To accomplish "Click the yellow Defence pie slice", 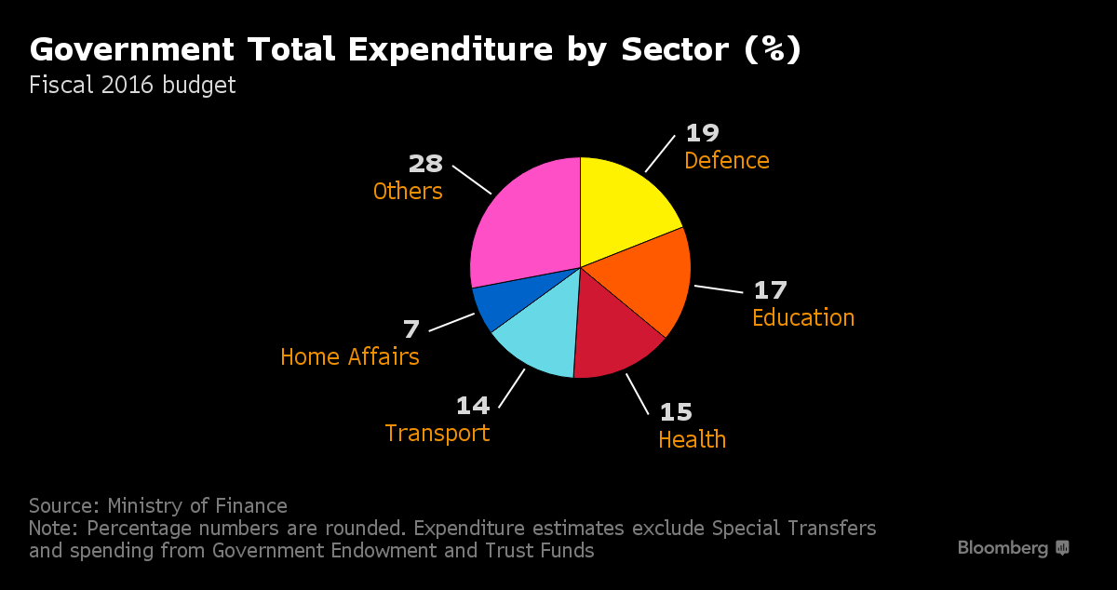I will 624,205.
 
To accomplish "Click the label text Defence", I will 726,161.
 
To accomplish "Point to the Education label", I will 802,317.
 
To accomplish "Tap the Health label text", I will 692,439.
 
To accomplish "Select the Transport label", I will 437,434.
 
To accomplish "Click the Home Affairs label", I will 349,356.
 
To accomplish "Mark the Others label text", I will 407,192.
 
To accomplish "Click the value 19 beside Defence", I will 702,134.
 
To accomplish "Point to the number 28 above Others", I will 425,165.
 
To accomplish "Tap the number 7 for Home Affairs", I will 410,329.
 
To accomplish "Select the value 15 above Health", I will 676,411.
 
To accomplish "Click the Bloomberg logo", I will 1013,548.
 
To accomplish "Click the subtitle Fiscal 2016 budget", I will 132,86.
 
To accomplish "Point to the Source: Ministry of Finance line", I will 158,506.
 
